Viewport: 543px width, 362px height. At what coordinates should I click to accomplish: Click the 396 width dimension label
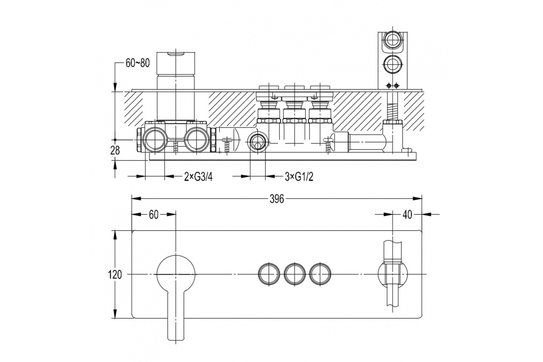[276, 199]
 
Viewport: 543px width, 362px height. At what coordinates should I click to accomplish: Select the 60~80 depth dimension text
[138, 63]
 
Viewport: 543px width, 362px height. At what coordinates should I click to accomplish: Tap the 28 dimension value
[115, 151]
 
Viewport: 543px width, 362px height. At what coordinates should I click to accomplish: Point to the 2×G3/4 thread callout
[198, 177]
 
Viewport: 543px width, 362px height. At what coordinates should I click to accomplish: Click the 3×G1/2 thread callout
[299, 177]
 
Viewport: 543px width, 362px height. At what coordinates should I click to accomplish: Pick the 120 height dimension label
[114, 275]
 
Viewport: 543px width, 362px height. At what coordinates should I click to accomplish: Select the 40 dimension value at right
[407, 214]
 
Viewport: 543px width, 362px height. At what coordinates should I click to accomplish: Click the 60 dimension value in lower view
[153, 214]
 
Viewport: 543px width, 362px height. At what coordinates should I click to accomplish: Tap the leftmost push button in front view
[269, 274]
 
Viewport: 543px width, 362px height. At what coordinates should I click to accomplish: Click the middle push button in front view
[295, 274]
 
